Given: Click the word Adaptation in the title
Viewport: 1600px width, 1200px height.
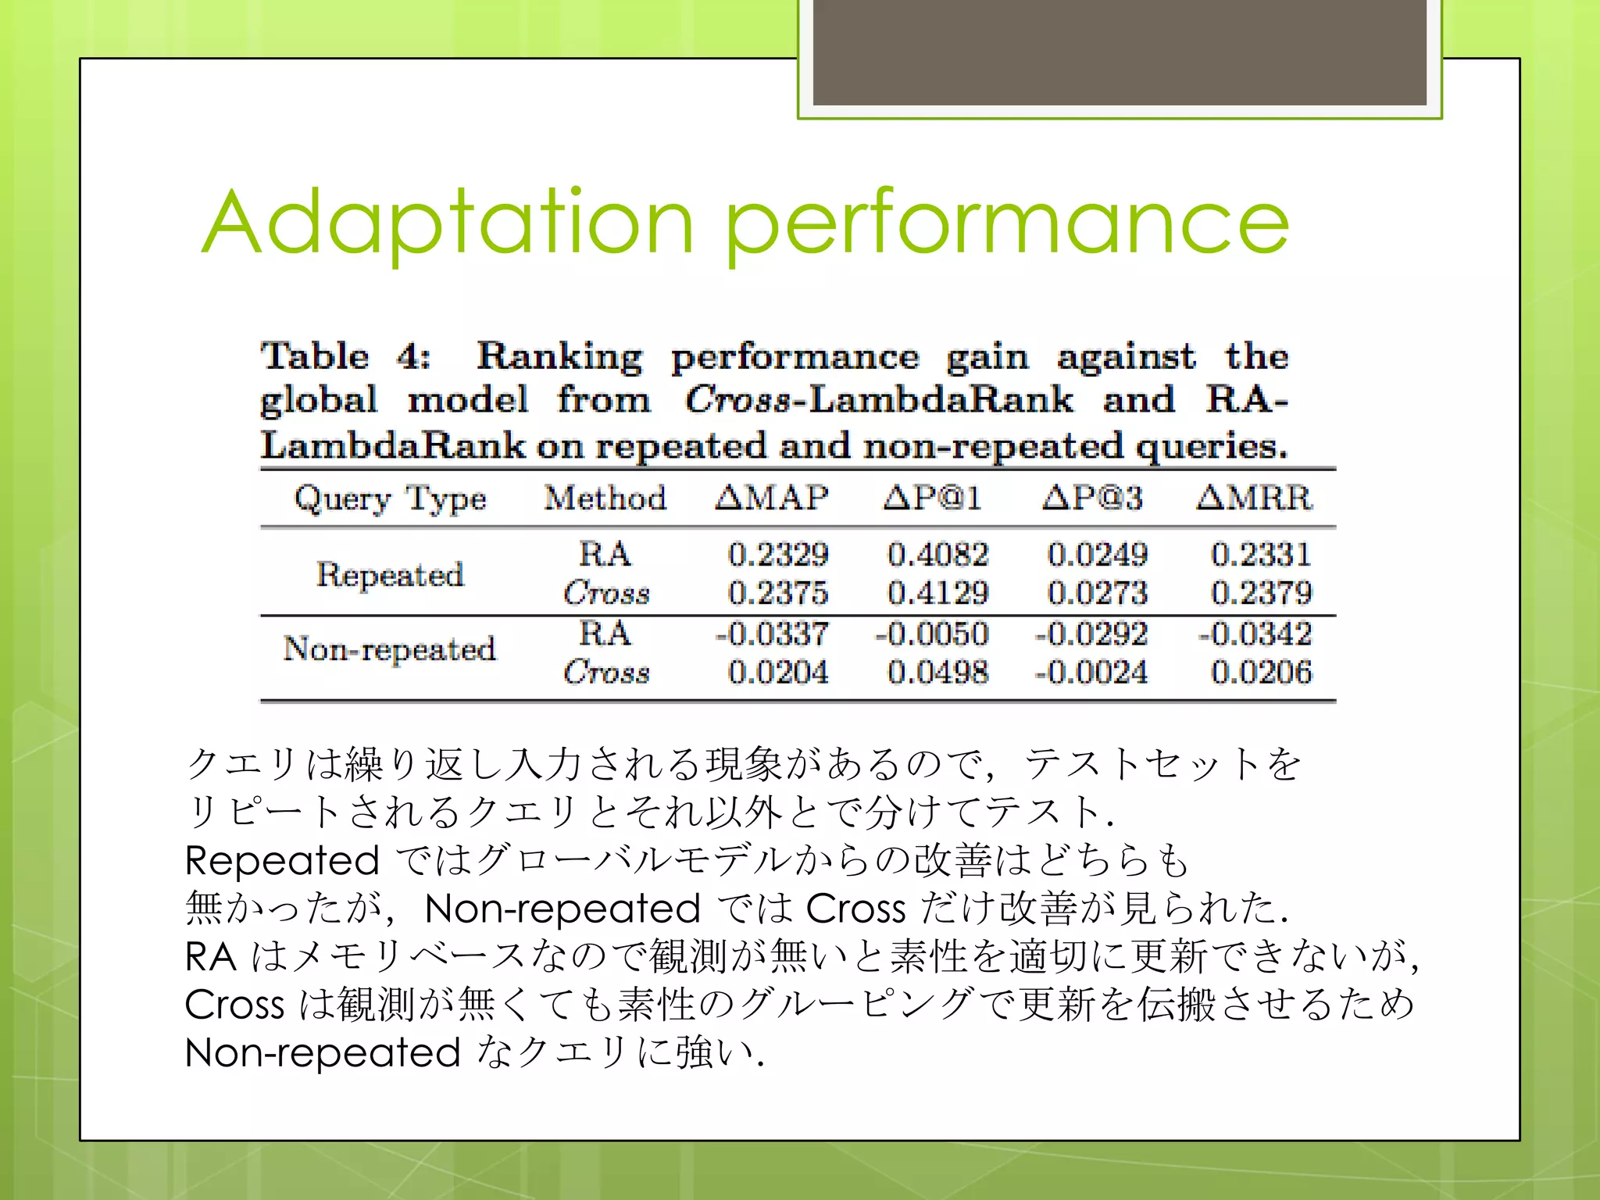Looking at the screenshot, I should (x=447, y=224).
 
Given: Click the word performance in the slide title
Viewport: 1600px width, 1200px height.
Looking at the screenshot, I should (x=1007, y=224).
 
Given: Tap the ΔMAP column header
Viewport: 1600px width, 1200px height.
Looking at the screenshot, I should (x=772, y=498).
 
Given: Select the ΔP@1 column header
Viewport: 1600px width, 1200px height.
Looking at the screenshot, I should (x=932, y=498).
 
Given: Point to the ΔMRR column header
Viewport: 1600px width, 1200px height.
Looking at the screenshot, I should (x=1254, y=498).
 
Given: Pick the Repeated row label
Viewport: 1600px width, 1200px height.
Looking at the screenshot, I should (x=390, y=574).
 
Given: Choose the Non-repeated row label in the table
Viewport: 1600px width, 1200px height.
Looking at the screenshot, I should (x=390, y=648).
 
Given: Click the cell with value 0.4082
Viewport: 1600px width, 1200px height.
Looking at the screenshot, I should (x=937, y=555).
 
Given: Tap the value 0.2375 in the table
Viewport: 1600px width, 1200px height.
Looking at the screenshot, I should (x=777, y=593).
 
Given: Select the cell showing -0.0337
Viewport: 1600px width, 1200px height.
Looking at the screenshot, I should (x=772, y=634).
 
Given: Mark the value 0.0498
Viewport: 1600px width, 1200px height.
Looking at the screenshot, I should (x=937, y=673).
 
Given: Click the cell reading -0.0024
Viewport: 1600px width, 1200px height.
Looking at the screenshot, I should (x=1091, y=673).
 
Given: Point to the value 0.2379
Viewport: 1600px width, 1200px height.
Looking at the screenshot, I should (x=1261, y=593).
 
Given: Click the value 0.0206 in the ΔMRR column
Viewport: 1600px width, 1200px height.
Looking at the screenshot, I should (x=1261, y=673).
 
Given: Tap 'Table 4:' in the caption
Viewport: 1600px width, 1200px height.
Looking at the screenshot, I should (x=345, y=357).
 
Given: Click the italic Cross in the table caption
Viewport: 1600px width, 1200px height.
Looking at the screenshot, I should (x=737, y=400).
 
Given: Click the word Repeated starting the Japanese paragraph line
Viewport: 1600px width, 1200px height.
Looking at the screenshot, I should (x=282, y=861).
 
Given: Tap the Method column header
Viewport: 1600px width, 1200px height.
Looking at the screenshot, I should (x=605, y=498).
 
